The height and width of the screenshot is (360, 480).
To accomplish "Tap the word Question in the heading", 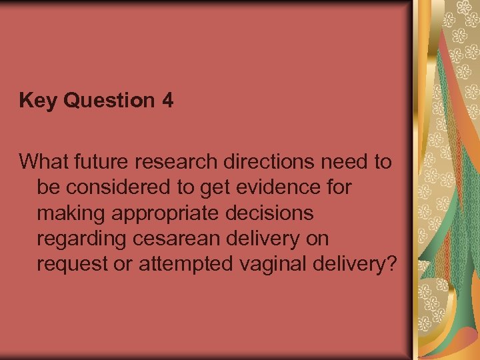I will (105, 101).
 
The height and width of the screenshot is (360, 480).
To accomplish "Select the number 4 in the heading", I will (167, 101).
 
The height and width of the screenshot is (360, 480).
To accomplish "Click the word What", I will (42, 161).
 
